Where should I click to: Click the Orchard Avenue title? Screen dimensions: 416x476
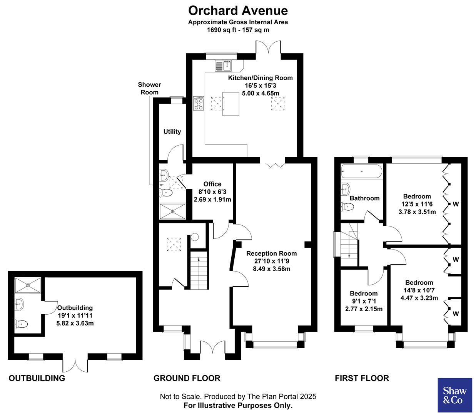coord(238,10)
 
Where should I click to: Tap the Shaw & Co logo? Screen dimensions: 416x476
coord(455,395)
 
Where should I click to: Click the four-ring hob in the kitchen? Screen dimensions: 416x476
coord(199,103)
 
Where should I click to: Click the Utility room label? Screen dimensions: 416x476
coord(172,131)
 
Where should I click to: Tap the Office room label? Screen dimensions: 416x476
coord(212,184)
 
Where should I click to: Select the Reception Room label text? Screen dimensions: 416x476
coord(271,253)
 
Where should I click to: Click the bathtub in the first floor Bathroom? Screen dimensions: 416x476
coord(361,171)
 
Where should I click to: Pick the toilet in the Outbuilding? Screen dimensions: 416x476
coord(21,324)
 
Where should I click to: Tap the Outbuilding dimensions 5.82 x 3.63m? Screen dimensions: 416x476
coord(75,323)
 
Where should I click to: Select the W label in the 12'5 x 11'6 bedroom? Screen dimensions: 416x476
coord(456,204)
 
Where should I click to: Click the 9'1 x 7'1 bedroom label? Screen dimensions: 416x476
coord(364,294)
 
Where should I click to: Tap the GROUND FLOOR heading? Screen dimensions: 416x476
coord(187,378)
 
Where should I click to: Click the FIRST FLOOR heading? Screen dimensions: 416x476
coord(362,378)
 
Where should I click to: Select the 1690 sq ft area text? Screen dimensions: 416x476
coord(238,29)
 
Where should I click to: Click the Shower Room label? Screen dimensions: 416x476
coord(149,88)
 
